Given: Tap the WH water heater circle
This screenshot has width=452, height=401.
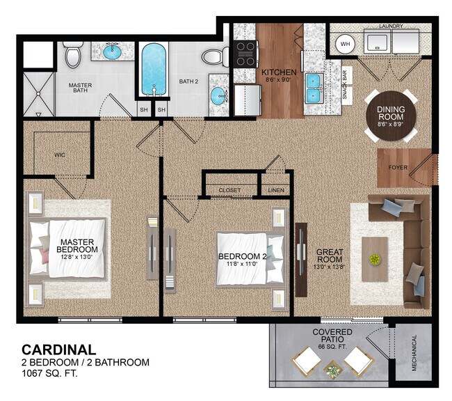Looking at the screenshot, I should coord(344,44).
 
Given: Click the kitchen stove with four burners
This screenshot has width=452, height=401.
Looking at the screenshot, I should coord(245,53).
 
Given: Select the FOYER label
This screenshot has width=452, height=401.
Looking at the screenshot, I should coord(398,167).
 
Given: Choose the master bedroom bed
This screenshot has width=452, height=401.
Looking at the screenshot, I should coord(68,249).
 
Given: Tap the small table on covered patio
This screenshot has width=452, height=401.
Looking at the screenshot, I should coord(334,370).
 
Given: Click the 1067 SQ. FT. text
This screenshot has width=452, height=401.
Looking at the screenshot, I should coord(49,374).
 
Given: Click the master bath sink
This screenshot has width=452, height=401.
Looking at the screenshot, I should coord(113,52).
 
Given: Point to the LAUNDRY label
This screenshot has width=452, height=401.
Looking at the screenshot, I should coord(392,26).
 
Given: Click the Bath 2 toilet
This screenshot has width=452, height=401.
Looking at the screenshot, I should coord(214,56).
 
